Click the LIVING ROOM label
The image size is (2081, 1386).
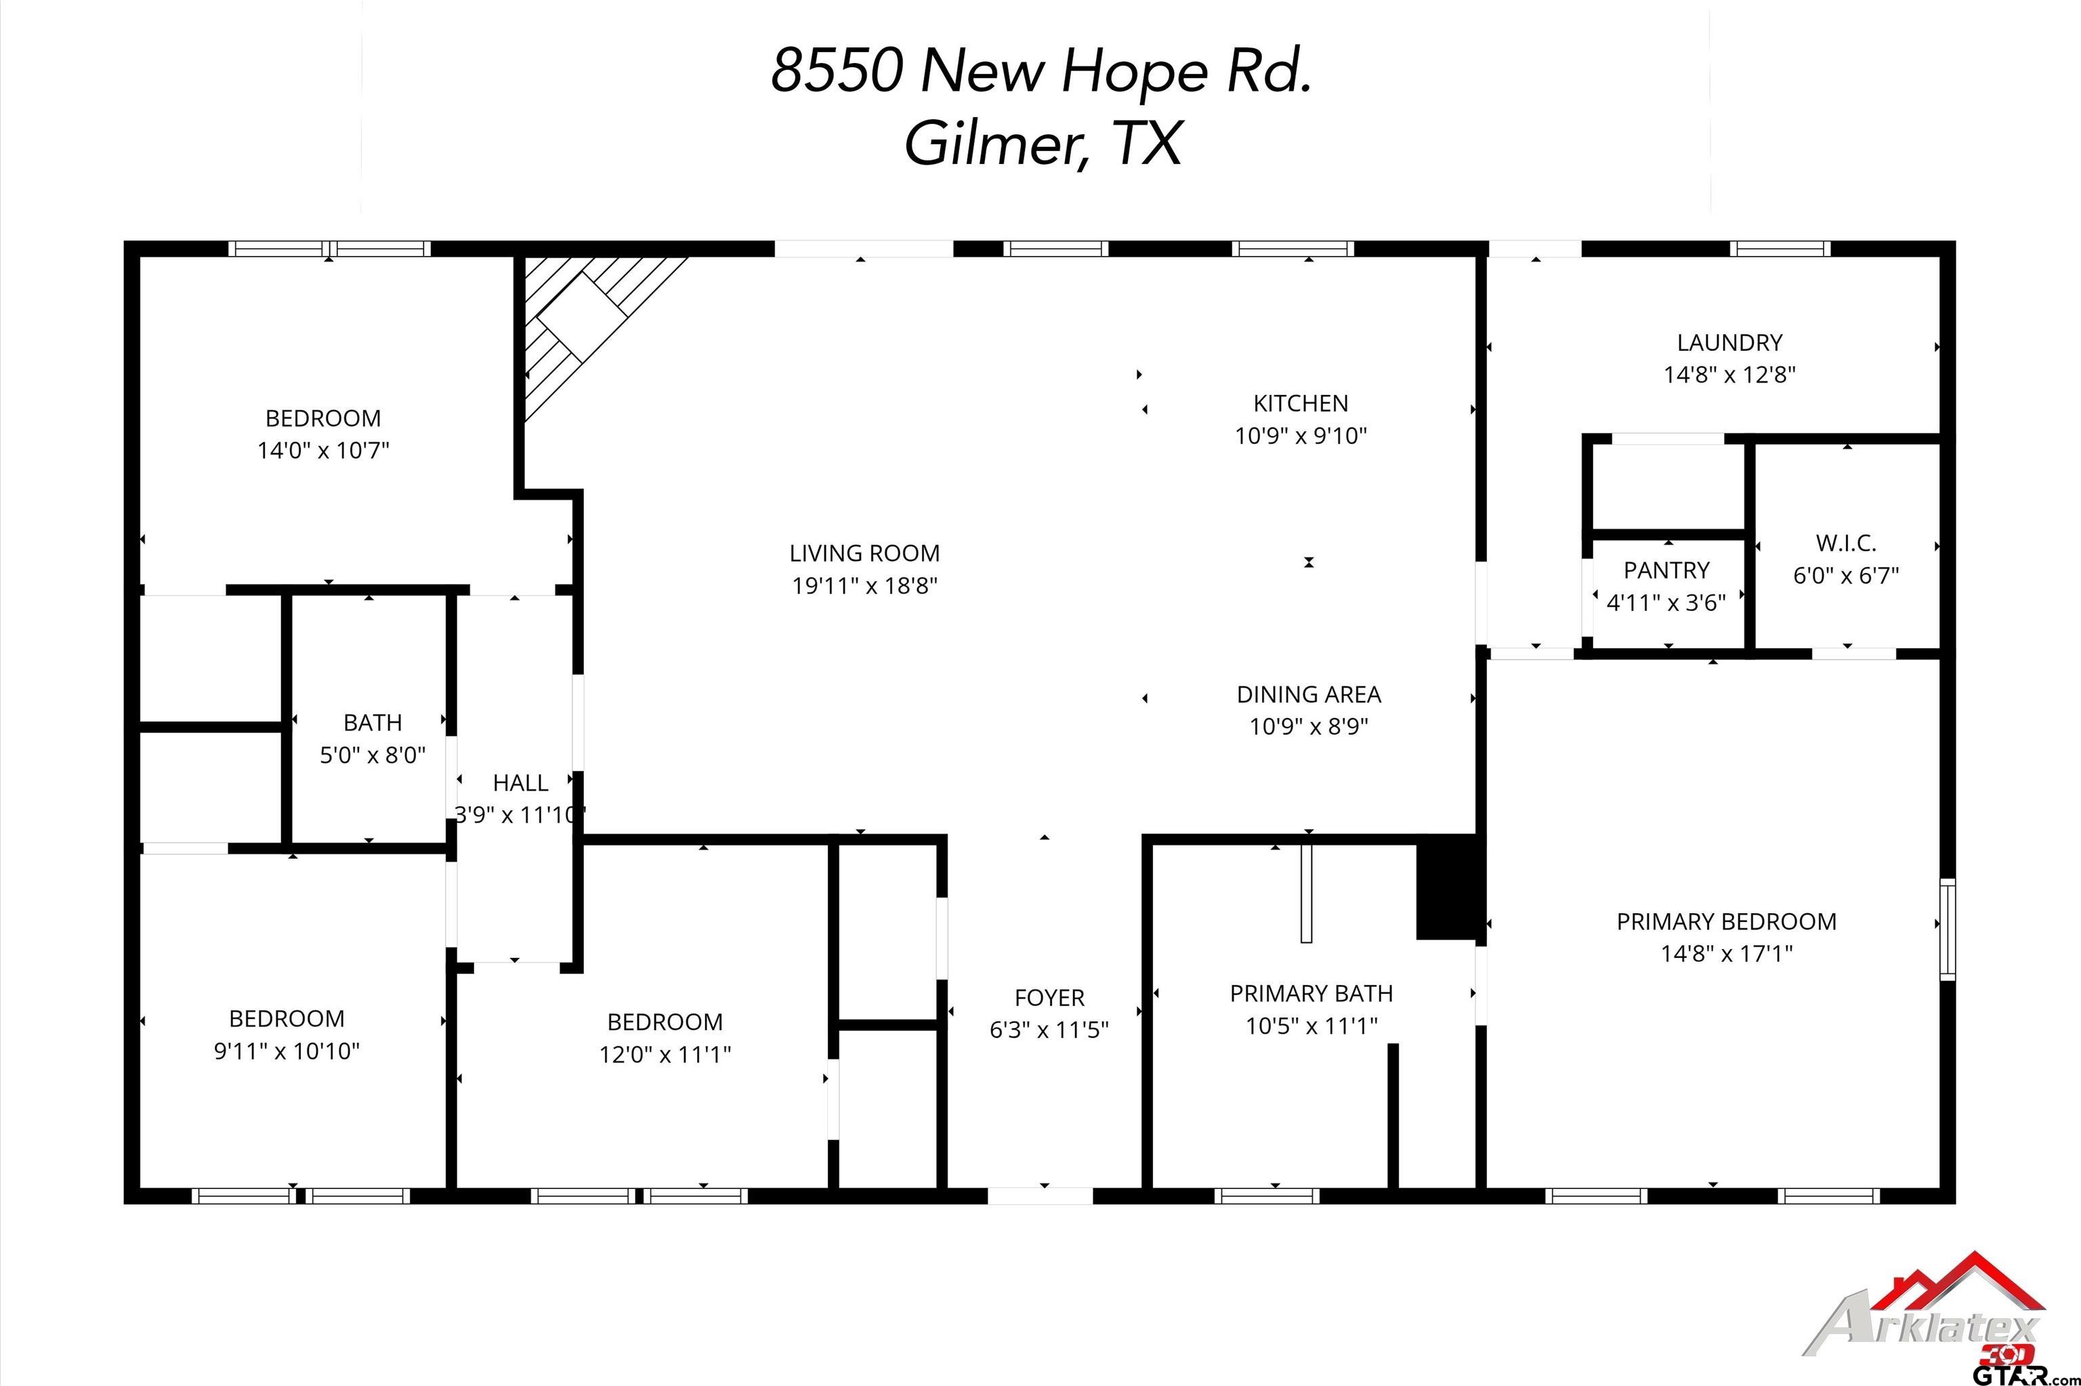pyautogui.click(x=864, y=553)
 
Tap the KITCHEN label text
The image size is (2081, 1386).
pyautogui.click(x=1301, y=404)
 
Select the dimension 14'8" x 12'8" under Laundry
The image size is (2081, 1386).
pyautogui.click(x=1730, y=375)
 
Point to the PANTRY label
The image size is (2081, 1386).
pyautogui.click(x=1666, y=570)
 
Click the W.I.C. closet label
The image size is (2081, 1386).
pyautogui.click(x=1846, y=543)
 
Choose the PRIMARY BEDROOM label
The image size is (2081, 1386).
pyautogui.click(x=1727, y=922)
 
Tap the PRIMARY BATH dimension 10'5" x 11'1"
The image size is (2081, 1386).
pyautogui.click(x=1312, y=1026)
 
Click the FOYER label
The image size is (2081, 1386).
pyautogui.click(x=1049, y=998)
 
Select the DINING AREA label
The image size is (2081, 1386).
pyautogui.click(x=1309, y=695)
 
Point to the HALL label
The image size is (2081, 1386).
pyautogui.click(x=520, y=782)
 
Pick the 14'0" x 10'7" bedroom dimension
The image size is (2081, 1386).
pyautogui.click(x=323, y=450)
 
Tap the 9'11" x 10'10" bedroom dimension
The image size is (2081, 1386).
pyautogui.click(x=287, y=1051)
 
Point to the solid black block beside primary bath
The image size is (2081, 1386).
pyautogui.click(x=1446, y=887)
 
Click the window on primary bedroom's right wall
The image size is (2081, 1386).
pyautogui.click(x=1948, y=929)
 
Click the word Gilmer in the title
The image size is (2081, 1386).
pyautogui.click(x=996, y=144)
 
